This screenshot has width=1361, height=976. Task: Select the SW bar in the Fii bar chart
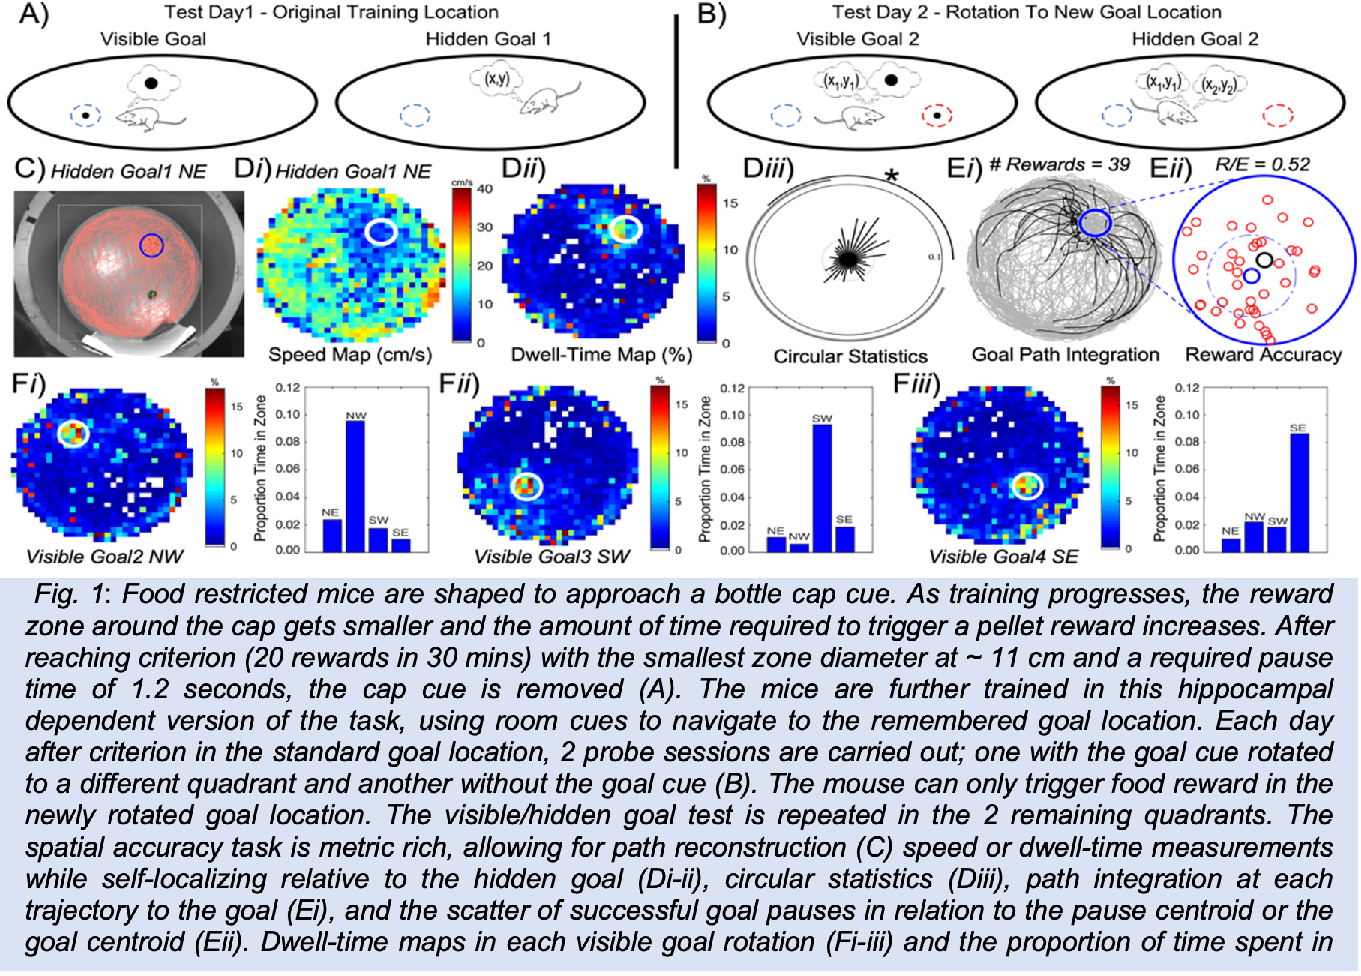[x=822, y=488]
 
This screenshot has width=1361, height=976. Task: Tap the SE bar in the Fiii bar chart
[x=1298, y=492]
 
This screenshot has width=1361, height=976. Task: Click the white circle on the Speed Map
[x=381, y=232]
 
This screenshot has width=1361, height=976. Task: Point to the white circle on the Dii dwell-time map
[x=624, y=230]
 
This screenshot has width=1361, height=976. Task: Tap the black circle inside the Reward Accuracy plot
[x=1264, y=260]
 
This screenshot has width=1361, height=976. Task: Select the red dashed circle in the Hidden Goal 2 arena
[x=1278, y=116]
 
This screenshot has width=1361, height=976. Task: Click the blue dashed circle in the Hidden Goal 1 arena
[x=415, y=116]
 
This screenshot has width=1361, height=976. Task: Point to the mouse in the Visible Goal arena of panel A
[x=150, y=118]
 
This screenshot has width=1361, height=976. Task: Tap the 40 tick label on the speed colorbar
[x=485, y=189]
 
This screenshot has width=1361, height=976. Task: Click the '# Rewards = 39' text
[x=1059, y=164]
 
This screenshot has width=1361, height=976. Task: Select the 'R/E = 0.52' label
[x=1262, y=164]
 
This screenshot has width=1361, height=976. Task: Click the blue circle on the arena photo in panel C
[x=151, y=245]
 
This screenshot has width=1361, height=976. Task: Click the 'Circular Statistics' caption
[x=850, y=356]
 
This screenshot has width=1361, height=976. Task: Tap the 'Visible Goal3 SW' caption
[x=552, y=556]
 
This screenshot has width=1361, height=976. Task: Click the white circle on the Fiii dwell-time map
[x=1027, y=486]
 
